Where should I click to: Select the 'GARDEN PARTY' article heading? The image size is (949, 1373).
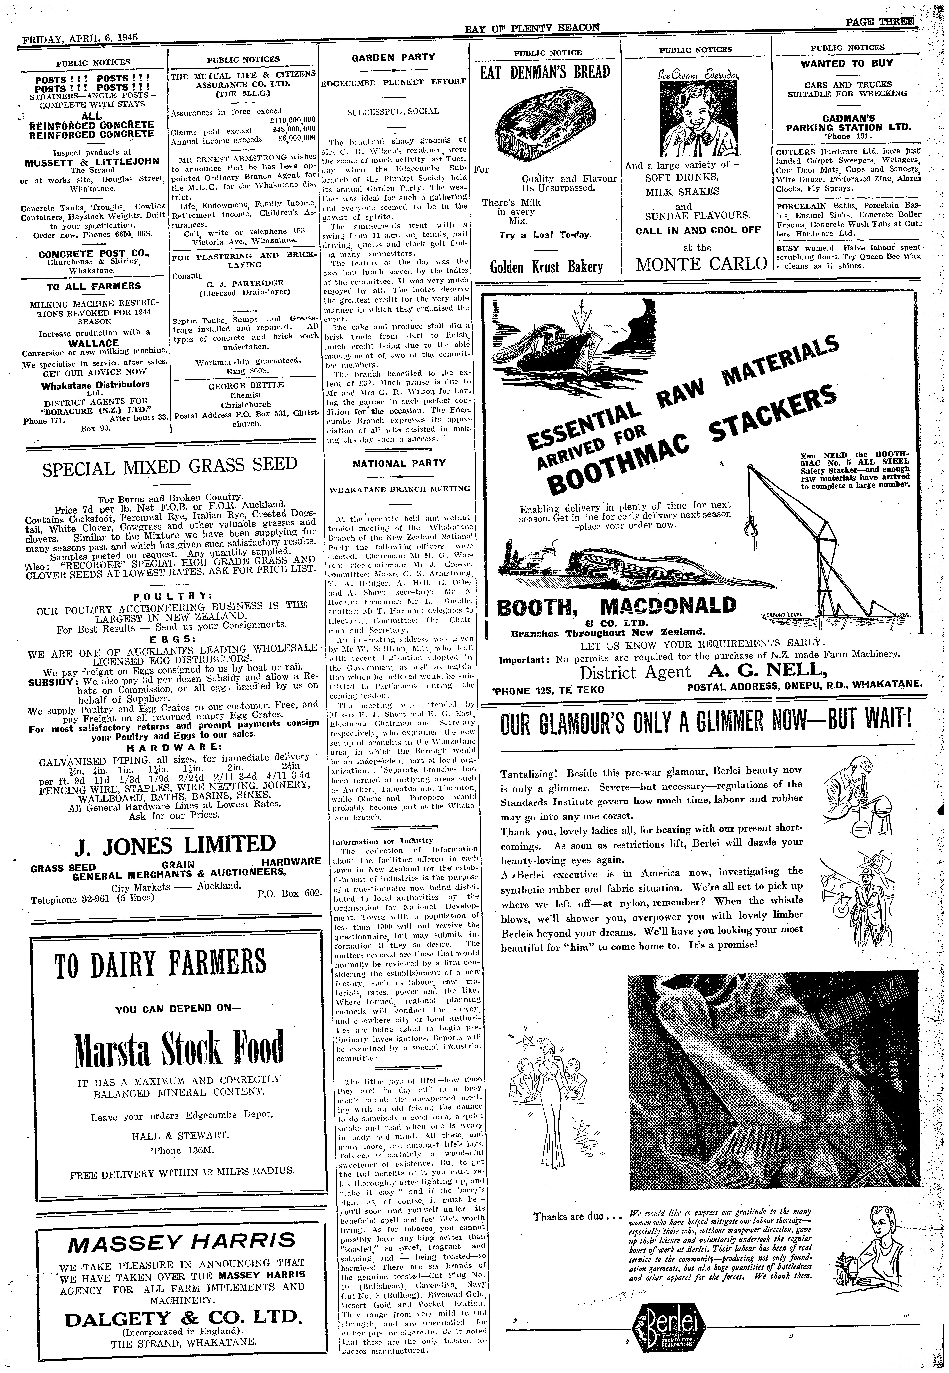[393, 57]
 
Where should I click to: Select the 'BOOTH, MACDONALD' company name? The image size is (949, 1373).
[615, 606]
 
